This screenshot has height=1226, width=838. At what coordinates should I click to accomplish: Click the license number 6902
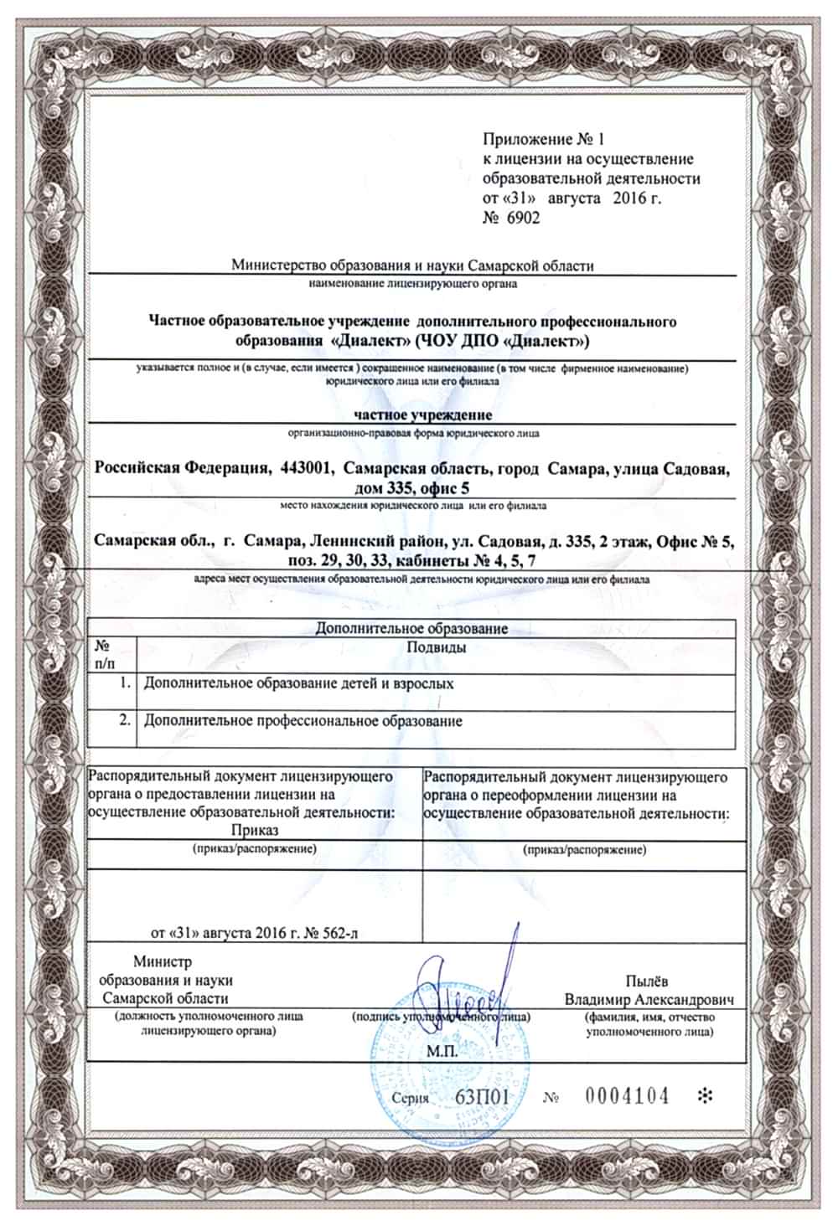coord(521,219)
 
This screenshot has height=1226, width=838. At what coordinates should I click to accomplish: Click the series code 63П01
coord(483,1097)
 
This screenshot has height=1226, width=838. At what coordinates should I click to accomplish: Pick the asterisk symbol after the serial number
coord(702,1096)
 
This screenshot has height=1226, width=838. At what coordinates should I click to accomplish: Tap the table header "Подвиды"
coord(436,647)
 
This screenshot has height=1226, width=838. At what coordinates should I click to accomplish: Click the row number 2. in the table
coord(125,719)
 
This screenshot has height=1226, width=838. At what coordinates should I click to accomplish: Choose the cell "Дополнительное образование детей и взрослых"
coord(299,683)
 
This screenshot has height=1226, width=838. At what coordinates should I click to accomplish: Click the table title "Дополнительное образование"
coord(411,628)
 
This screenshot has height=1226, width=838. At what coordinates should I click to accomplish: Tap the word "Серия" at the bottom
coord(410,1098)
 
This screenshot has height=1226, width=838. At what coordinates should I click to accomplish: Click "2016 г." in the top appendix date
coord(643,198)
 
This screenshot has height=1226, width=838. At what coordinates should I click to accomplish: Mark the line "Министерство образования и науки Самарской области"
coord(412,265)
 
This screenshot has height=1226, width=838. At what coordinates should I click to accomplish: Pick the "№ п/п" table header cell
coord(105,655)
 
